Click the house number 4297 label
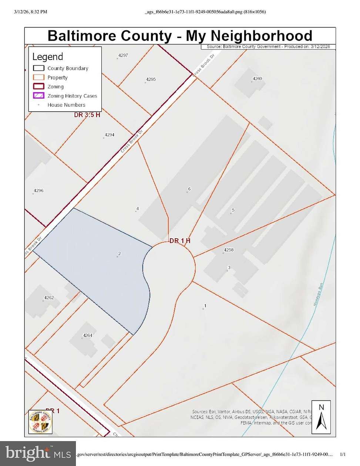point(123,55)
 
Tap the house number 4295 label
point(151,79)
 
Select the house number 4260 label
point(257,78)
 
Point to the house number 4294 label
point(109,135)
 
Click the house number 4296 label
point(38,191)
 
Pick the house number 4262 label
point(49,298)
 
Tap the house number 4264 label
point(87,335)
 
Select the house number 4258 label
point(229,250)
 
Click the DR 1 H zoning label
point(180,241)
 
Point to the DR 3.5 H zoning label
point(87,115)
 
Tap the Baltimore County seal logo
point(40,421)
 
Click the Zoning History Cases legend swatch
point(38,96)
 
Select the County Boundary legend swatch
point(38,68)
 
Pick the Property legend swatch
point(38,77)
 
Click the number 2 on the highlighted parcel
point(120,254)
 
